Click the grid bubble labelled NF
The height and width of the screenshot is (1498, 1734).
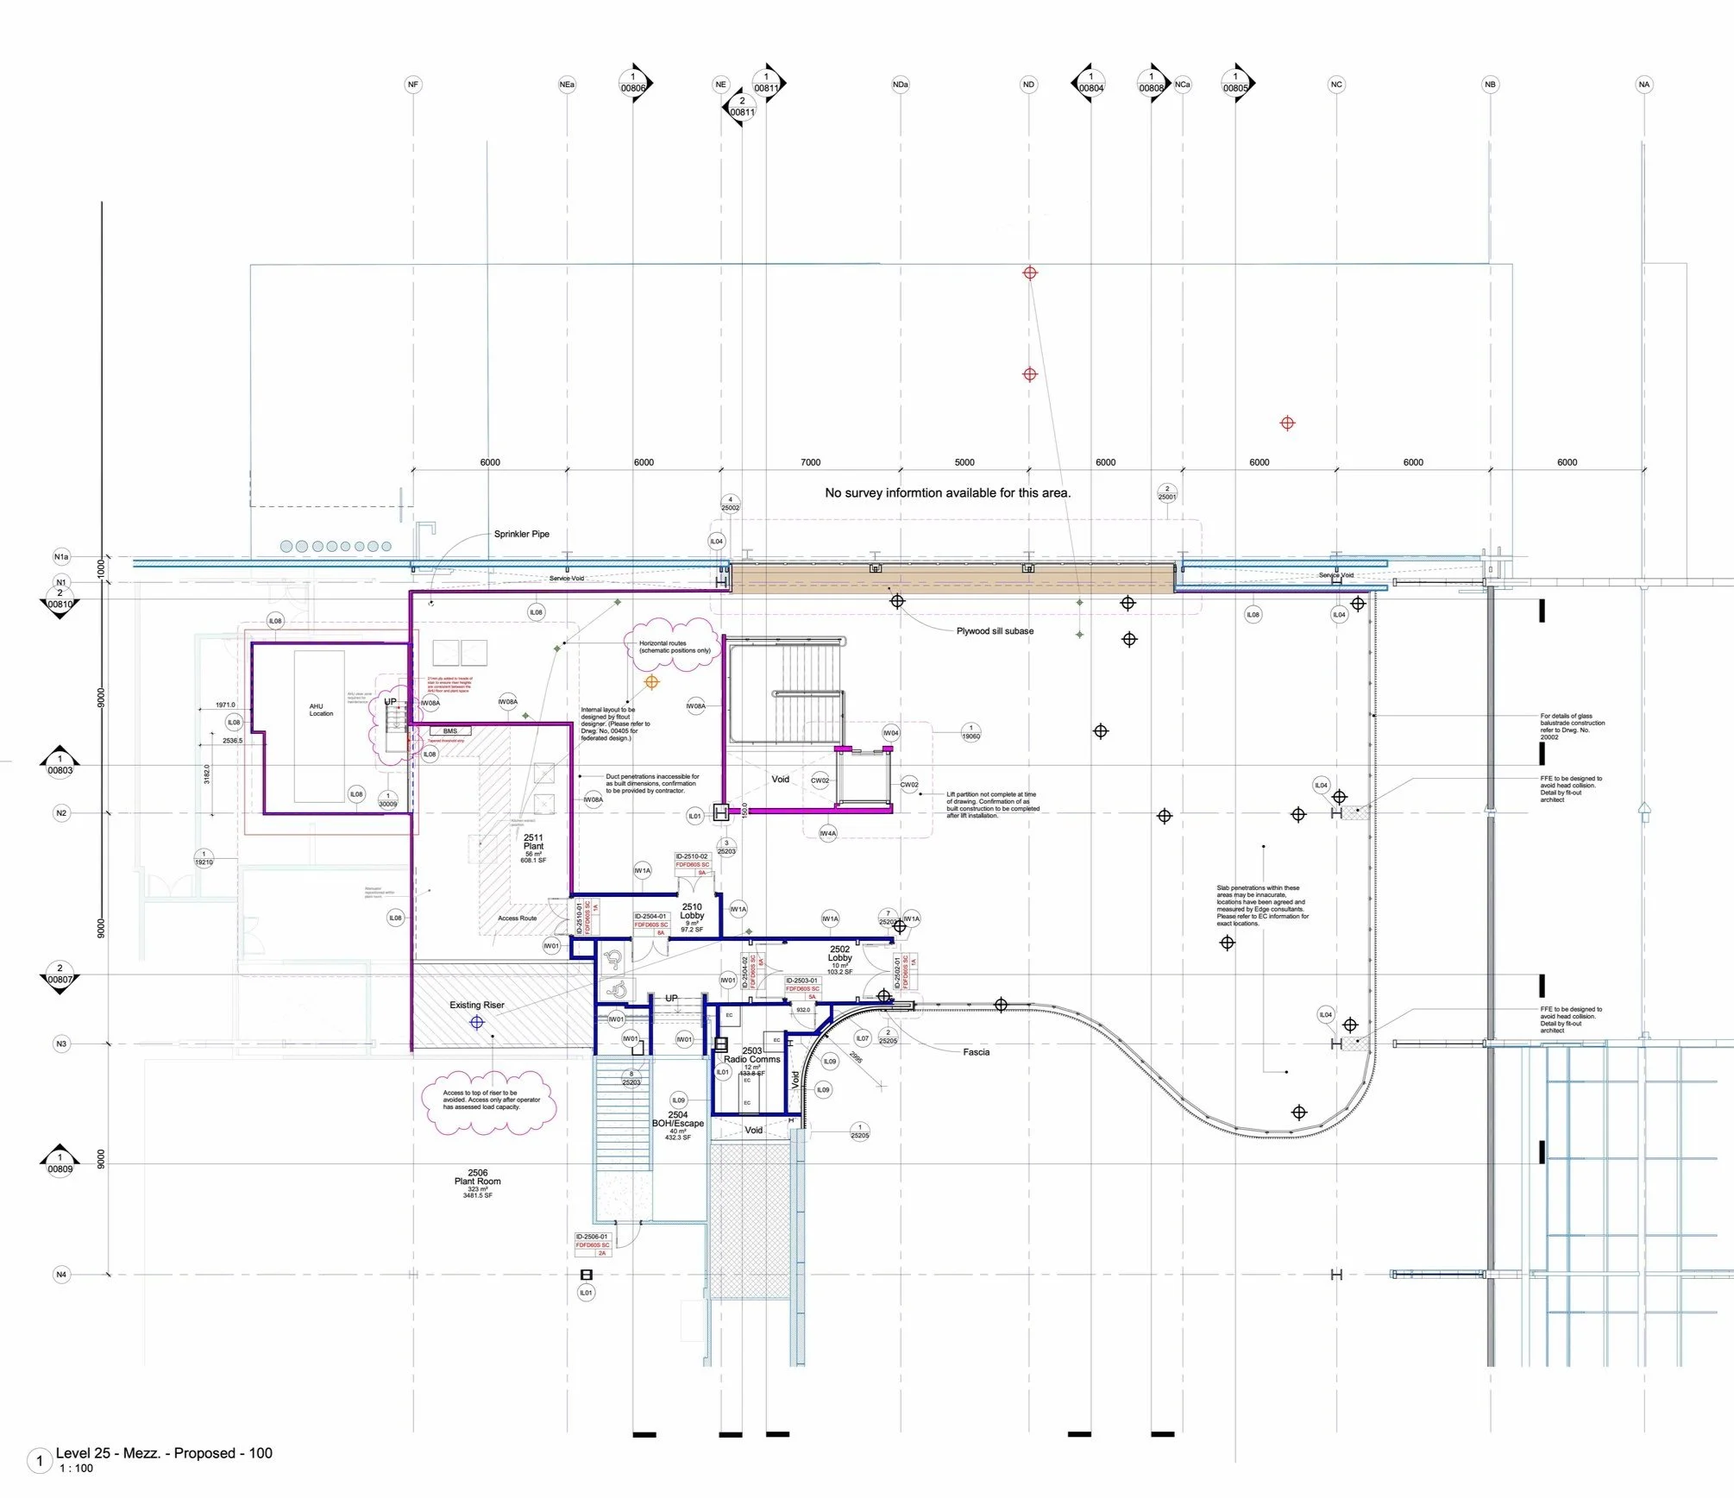tap(413, 85)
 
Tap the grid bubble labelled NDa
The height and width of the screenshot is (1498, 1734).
tap(901, 85)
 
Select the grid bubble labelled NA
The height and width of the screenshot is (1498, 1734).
tap(1644, 85)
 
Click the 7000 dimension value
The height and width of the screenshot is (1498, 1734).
tap(810, 462)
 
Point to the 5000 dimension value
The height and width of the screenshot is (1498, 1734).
tap(964, 462)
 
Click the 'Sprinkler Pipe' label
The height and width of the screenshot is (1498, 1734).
tap(521, 534)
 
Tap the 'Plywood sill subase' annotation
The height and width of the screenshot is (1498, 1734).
tap(995, 631)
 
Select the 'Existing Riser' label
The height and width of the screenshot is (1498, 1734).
tap(476, 1005)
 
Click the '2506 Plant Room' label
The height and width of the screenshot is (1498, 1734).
tap(477, 1178)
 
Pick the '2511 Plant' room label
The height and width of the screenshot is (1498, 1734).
tap(533, 843)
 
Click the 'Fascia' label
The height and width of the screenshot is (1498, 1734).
tap(976, 1052)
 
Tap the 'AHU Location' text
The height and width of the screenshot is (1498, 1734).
tap(321, 710)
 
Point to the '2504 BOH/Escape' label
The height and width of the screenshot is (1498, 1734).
tap(678, 1119)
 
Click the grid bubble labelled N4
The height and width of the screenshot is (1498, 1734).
tap(61, 1275)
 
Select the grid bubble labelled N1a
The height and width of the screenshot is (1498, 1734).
tap(61, 557)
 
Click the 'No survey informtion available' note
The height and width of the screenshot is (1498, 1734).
tap(947, 493)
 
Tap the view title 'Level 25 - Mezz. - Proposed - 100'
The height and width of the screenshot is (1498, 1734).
tap(164, 1453)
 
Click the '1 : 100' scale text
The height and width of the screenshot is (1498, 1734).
tap(76, 1469)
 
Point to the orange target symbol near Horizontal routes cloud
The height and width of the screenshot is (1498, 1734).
tap(652, 682)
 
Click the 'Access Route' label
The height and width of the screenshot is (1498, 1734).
tap(517, 918)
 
